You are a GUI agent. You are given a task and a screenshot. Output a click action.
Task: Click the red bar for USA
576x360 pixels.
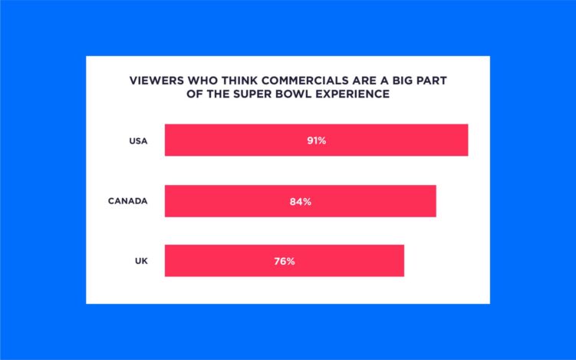pyautogui.click(x=230, y=140)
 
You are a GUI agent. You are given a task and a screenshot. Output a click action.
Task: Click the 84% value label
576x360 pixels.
pyautogui.click(x=301, y=201)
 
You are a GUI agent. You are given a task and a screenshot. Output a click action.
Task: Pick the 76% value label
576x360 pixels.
pyautogui.click(x=285, y=261)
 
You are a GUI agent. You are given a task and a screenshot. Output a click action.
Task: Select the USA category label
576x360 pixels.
pyautogui.click(x=138, y=140)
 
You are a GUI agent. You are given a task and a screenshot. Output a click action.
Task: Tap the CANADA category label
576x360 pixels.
pyautogui.click(x=127, y=201)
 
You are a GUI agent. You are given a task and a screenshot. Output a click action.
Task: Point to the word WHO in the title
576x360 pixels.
pyautogui.click(x=193, y=79)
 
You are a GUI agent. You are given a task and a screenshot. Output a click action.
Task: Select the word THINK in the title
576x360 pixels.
pyautogui.click(x=230, y=79)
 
